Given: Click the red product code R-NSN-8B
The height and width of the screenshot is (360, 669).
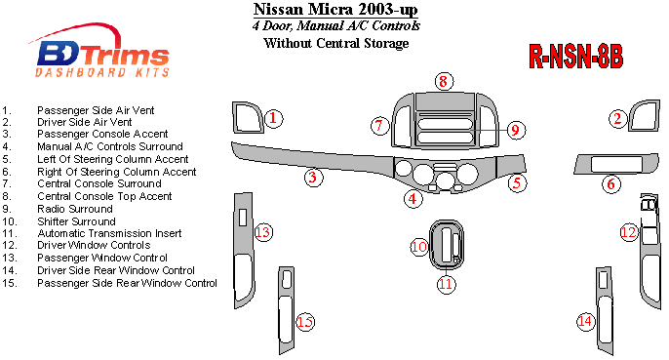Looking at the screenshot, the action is (575, 56).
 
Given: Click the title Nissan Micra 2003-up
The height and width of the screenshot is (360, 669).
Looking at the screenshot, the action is (335, 9).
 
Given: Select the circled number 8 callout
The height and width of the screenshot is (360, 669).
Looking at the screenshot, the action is (444, 81).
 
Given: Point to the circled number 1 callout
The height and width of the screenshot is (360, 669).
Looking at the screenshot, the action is (273, 118).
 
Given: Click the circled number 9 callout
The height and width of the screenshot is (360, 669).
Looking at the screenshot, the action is (516, 130).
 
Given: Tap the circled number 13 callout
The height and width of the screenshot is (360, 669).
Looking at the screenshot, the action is (263, 232).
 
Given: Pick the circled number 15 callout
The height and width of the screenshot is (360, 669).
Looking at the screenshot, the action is (305, 322).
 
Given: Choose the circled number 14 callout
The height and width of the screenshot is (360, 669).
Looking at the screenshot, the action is (585, 321).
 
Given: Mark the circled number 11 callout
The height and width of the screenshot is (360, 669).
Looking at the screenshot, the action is (446, 284).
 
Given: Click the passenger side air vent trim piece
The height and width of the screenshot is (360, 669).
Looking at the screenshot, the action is (247, 118).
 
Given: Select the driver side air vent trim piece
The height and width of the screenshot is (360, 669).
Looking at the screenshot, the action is (645, 116).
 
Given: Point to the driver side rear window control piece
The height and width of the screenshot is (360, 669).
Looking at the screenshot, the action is (605, 311).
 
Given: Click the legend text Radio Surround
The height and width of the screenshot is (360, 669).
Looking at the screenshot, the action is (75, 209).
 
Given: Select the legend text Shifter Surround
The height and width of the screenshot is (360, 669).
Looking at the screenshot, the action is (76, 221).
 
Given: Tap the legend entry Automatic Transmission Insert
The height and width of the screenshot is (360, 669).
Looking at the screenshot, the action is (109, 233).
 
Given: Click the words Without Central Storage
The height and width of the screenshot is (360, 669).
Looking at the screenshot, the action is (336, 43).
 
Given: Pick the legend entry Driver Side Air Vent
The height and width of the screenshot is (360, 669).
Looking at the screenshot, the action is (85, 122).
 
